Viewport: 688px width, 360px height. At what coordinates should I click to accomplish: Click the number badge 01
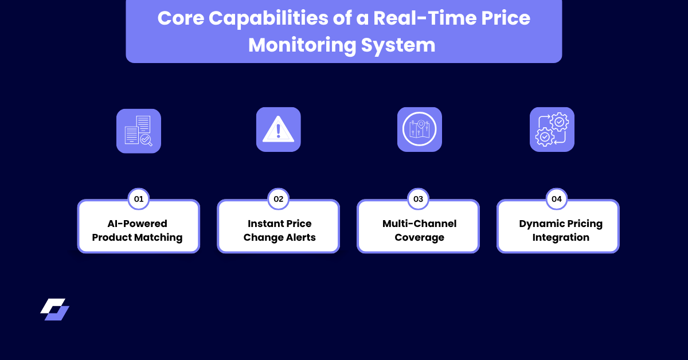pyautogui.click(x=138, y=199)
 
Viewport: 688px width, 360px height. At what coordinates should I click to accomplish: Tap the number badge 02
pyautogui.click(x=279, y=199)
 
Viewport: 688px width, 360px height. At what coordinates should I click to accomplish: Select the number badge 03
pyautogui.click(x=418, y=199)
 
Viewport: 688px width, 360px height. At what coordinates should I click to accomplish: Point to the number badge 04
pyautogui.click(x=557, y=199)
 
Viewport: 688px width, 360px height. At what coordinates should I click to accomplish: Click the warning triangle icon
pyautogui.click(x=278, y=130)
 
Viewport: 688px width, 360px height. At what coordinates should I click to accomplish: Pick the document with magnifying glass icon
pyautogui.click(x=138, y=131)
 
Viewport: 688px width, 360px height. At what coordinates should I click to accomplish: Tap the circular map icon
pyautogui.click(x=419, y=130)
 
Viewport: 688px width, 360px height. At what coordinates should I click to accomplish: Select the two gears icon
pyautogui.click(x=552, y=130)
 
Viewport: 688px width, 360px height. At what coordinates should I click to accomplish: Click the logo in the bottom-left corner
pyautogui.click(x=55, y=309)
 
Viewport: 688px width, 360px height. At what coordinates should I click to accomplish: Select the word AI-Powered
pyautogui.click(x=138, y=224)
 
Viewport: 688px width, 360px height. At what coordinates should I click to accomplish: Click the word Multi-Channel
pyautogui.click(x=419, y=224)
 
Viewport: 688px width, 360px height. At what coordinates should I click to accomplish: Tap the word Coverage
pyautogui.click(x=419, y=237)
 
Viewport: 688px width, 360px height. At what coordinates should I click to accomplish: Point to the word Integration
pyautogui.click(x=560, y=237)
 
